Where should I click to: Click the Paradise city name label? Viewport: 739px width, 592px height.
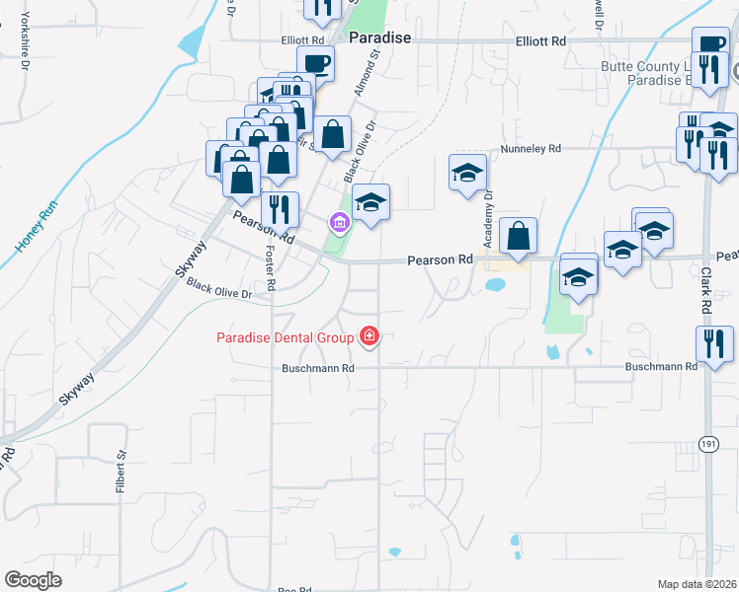point(380,37)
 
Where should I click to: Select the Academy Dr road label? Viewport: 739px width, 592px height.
point(487,219)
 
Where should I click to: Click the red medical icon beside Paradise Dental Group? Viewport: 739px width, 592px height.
point(369,337)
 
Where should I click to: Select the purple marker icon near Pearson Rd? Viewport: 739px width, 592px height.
point(339,225)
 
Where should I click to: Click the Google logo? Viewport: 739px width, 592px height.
point(34,580)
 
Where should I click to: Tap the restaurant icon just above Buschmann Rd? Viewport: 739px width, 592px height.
point(713,342)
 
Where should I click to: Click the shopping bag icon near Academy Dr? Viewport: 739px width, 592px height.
point(518,237)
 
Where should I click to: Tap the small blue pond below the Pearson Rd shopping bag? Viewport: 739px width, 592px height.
point(495,285)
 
